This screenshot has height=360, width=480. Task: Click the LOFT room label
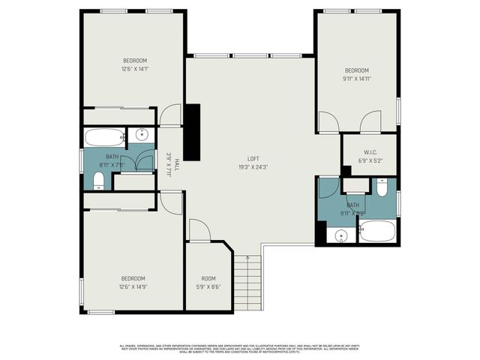point(254,158)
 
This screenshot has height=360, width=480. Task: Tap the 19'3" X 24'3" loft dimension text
point(254,166)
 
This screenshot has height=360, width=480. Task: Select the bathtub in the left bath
point(104,137)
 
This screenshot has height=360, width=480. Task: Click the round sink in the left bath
point(140,138)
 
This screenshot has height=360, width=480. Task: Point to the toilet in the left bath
point(98,180)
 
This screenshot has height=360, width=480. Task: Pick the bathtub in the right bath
point(376,231)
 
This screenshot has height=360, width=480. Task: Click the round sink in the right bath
point(341,236)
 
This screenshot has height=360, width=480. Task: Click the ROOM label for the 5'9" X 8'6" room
point(208,278)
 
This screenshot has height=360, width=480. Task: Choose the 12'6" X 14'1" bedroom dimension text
point(135,69)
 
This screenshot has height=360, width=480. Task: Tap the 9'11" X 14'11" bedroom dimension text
point(356,79)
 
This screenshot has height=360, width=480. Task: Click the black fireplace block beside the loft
point(193,131)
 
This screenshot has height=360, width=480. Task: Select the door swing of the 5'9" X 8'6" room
point(198,231)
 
